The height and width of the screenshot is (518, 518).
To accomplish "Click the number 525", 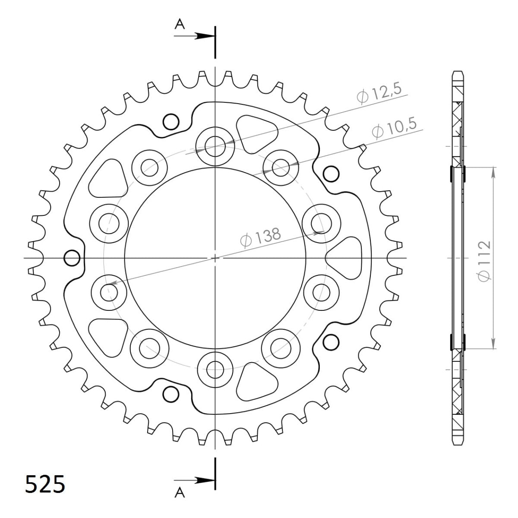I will click(45, 484).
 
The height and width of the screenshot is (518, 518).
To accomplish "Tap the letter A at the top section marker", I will click(180, 25).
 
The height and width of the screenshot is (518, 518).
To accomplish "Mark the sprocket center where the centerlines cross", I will click(215, 258).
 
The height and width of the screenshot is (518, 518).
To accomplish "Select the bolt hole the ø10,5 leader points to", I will click(281, 167).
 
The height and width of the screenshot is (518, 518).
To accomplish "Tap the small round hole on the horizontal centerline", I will click(72, 259).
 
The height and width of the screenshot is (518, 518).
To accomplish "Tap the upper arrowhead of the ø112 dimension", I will click(493, 173).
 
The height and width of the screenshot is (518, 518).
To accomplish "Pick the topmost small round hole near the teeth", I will click(171, 122).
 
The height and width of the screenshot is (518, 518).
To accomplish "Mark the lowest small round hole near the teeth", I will click(171, 394).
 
